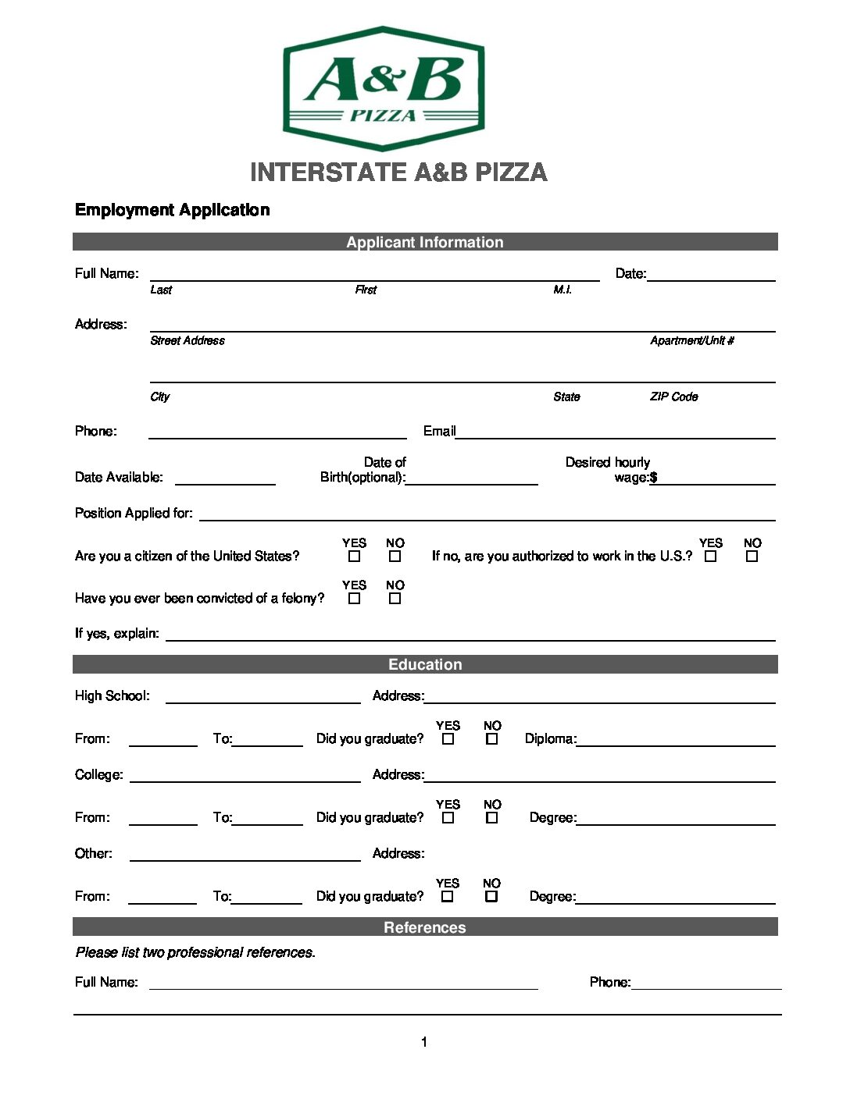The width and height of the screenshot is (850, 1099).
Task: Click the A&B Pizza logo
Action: tap(383, 87)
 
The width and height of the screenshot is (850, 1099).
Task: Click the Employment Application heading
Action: tap(172, 210)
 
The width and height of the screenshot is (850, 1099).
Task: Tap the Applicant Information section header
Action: tap(425, 242)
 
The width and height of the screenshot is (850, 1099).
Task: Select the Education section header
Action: tap(425, 664)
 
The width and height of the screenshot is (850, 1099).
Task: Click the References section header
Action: tap(425, 927)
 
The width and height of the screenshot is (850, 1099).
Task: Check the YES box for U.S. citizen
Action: tap(355, 557)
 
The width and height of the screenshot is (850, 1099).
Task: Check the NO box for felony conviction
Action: tap(395, 599)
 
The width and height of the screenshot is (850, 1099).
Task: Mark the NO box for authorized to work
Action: tap(752, 557)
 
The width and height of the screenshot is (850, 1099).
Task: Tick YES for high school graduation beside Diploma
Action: tap(448, 738)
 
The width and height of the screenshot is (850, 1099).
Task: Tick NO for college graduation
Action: tap(491, 818)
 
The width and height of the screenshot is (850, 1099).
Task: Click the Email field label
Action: tap(439, 431)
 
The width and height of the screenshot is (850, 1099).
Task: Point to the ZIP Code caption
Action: tap(673, 397)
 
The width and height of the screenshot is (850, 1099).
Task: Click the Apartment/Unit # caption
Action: tap(691, 340)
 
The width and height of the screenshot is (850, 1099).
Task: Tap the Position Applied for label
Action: tap(134, 513)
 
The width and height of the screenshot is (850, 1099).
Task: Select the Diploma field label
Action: tap(550, 738)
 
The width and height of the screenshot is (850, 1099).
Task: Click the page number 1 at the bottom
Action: tap(424, 1042)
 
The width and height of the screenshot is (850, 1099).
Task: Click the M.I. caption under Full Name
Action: tap(562, 290)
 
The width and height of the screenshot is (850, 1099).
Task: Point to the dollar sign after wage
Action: tap(653, 478)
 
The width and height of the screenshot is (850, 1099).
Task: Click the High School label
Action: tap(112, 695)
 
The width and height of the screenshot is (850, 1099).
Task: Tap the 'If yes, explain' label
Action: tap(116, 633)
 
